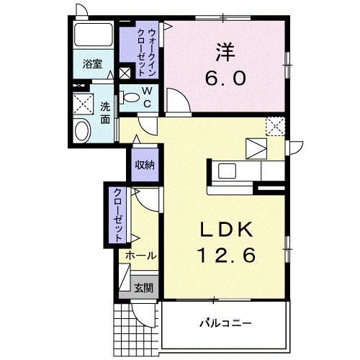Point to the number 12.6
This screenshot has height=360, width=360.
[225, 255]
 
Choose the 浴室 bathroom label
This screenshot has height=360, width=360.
[91, 63]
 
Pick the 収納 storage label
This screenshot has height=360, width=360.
[144, 165]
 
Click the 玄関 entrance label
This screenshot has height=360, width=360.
[143, 288]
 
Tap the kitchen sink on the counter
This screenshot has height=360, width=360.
[227, 171]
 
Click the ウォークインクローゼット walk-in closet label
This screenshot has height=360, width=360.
[152, 49]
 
